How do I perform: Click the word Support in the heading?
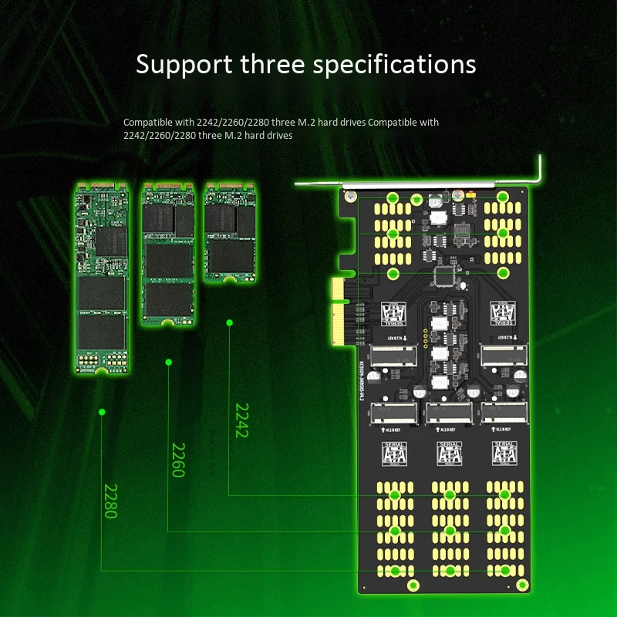pyautogui.click(x=181, y=65)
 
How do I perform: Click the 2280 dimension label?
pyautogui.click(x=110, y=501)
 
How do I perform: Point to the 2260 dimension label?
pyautogui.click(x=177, y=460)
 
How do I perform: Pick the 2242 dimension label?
pyautogui.click(x=241, y=420)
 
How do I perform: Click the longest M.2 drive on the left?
pyautogui.click(x=102, y=278)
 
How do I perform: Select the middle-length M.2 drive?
pyautogui.click(x=168, y=252)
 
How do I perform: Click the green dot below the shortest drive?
pyautogui.click(x=229, y=322)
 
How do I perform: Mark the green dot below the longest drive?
pyautogui.click(x=101, y=413)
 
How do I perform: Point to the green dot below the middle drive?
pyautogui.click(x=168, y=362)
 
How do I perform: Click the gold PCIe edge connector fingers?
pyautogui.click(x=337, y=317)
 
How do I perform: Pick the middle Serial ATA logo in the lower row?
pyautogui.click(x=449, y=453)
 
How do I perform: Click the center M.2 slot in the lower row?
pyautogui.click(x=449, y=413)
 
